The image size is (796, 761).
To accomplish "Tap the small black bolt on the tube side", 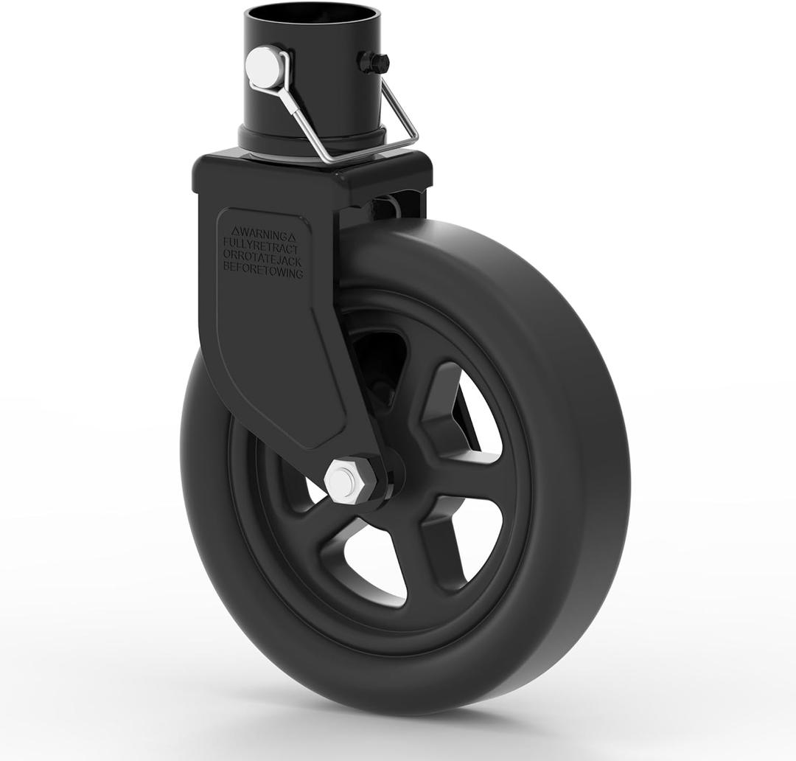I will (x=374, y=62).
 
